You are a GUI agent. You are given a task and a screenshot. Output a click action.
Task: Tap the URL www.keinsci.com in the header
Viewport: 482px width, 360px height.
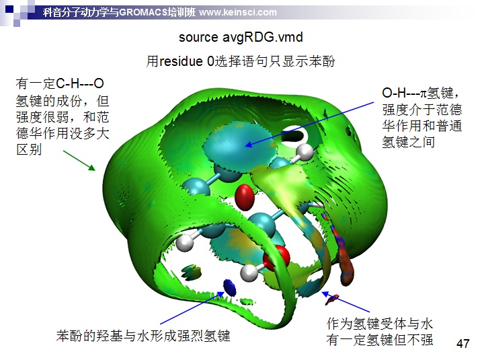tap(238, 12)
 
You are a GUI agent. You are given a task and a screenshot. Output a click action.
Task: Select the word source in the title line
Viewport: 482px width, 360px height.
tap(198, 38)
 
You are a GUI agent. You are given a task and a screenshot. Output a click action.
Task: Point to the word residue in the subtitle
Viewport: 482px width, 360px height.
tap(182, 61)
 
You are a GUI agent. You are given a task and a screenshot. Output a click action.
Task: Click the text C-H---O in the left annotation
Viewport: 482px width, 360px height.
tap(80, 83)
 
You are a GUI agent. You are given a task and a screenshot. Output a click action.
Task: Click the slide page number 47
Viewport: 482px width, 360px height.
tap(463, 343)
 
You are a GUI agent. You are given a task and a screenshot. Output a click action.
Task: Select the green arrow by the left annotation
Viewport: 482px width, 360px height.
tap(79, 161)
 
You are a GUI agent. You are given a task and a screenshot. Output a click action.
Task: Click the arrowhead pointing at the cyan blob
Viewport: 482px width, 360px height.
tap(248, 144)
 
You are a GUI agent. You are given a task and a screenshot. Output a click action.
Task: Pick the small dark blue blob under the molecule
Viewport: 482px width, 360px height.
tap(230, 287)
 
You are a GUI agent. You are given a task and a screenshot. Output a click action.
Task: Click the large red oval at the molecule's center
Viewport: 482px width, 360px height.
tap(245, 197)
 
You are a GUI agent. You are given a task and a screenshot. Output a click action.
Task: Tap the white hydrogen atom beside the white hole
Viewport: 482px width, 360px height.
tap(305, 152)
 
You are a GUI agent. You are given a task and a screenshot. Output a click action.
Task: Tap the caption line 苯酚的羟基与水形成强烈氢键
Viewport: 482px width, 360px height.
tap(143, 336)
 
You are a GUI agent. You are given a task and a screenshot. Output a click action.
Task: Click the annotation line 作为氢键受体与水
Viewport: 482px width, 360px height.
tap(380, 324)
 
